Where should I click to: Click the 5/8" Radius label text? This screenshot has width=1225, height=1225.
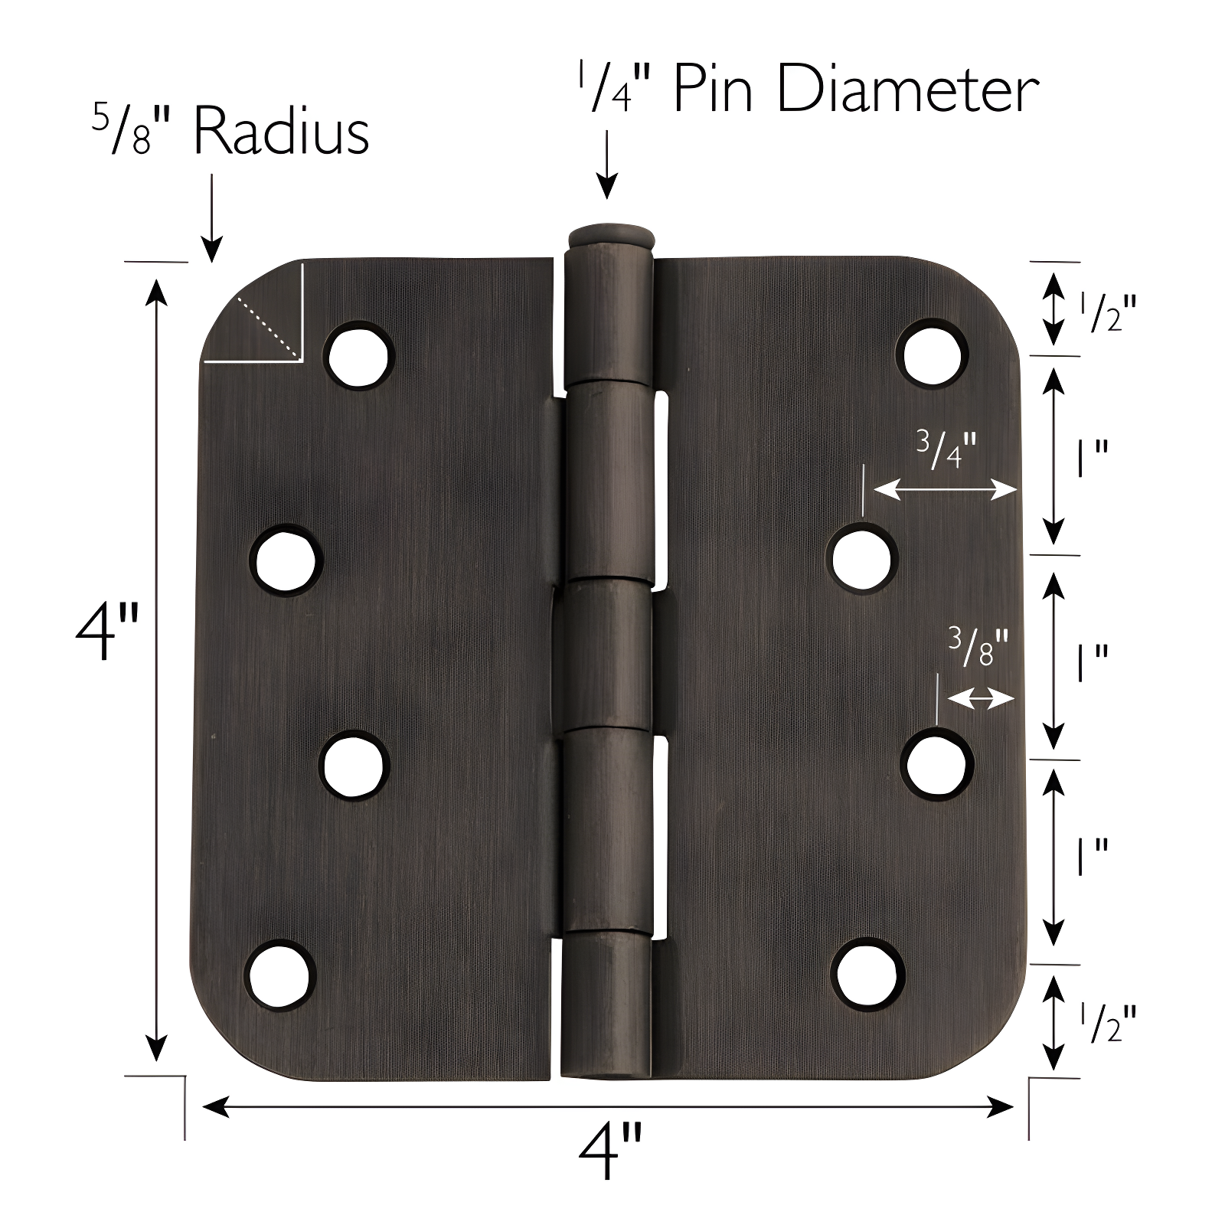pyautogui.click(x=230, y=132)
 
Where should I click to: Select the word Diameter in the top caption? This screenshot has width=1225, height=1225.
pyautogui.click(x=907, y=90)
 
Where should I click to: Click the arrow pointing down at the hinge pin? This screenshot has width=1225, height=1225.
pyautogui.click(x=606, y=164)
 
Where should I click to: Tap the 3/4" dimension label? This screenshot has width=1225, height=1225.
pyautogui.click(x=947, y=451)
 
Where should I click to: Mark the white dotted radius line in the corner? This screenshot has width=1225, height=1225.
pyautogui.click(x=267, y=327)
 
